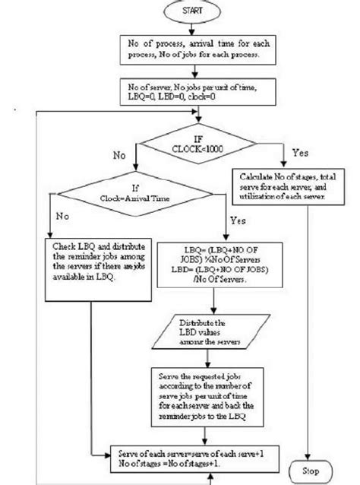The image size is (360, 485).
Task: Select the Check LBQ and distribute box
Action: coord(91,264)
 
